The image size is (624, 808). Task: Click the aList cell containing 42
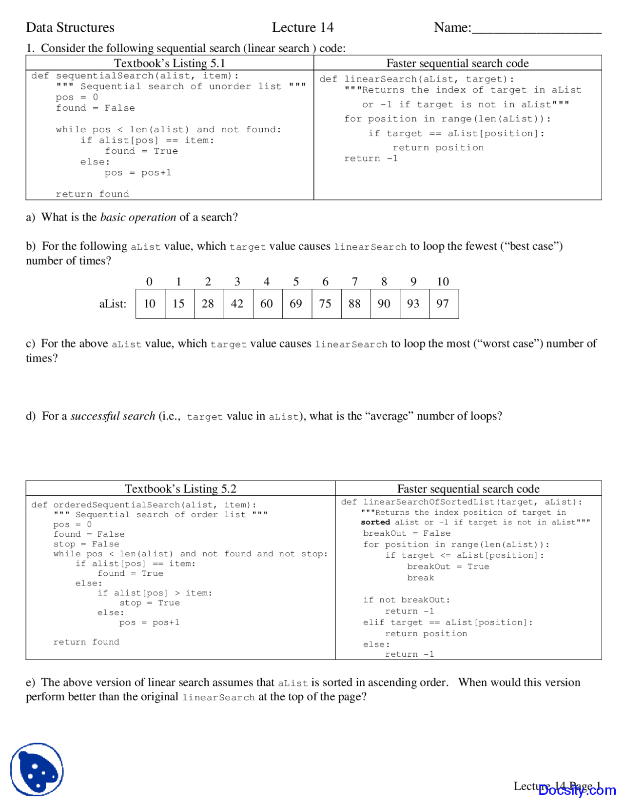tap(237, 304)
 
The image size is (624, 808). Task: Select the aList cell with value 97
tap(443, 304)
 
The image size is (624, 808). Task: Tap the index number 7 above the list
tap(355, 282)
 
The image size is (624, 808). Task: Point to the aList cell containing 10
tap(150, 304)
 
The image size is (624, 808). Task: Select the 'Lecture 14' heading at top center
tap(303, 27)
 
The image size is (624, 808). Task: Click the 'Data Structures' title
tap(70, 27)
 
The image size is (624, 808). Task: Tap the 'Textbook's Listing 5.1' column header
tap(170, 63)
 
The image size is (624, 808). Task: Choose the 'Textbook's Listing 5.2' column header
tap(180, 489)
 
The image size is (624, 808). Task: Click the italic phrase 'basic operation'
tap(138, 218)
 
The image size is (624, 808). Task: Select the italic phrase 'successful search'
tap(113, 416)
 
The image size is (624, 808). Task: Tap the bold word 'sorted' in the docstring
tap(375, 522)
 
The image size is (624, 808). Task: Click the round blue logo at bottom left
tap(37, 769)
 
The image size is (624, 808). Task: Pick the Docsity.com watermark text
tap(577, 790)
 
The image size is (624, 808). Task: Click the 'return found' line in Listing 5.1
tap(92, 194)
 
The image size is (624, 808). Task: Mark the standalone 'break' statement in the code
tap(420, 578)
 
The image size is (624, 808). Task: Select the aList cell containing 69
tap(296, 304)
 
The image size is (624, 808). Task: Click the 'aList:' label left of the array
tap(113, 304)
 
